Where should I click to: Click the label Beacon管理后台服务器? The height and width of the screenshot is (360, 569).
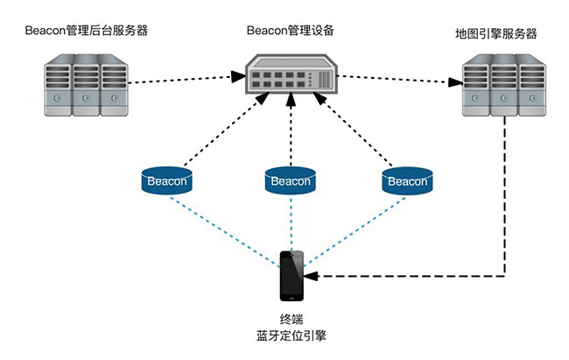[x=86, y=31]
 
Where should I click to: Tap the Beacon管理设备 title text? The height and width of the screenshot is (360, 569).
[x=290, y=30]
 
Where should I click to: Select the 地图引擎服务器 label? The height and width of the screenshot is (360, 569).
[x=495, y=34]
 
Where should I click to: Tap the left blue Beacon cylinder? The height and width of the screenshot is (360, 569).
[x=167, y=180]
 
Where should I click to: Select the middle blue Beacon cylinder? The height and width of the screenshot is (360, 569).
[x=289, y=180]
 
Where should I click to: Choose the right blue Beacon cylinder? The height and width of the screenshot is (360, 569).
[x=406, y=180]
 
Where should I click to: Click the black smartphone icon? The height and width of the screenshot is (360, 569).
[x=292, y=275]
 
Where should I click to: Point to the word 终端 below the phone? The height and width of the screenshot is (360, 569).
[x=289, y=319]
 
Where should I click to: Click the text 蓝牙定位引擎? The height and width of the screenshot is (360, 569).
[x=289, y=335]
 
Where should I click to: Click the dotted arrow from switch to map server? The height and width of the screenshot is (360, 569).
[x=394, y=81]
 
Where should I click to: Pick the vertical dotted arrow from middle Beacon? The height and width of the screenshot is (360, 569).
[x=289, y=131]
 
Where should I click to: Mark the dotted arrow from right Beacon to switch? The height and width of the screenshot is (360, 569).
[x=355, y=131]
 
